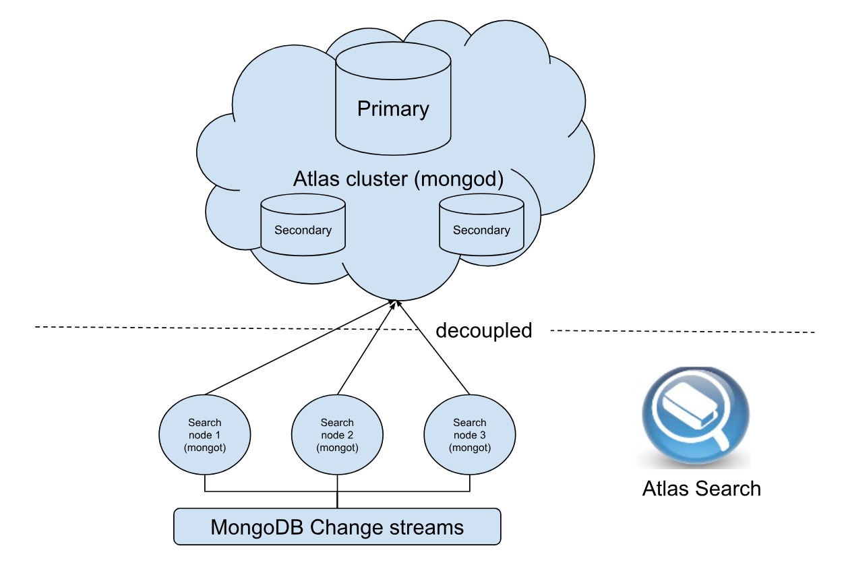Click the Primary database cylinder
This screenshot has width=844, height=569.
click(x=393, y=101)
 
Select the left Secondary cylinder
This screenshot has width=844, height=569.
click(x=303, y=225)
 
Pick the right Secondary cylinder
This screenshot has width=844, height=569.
click(x=481, y=225)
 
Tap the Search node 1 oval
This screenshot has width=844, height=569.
click(x=204, y=435)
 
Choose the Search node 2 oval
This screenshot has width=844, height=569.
click(x=337, y=435)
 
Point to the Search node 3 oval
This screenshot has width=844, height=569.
click(x=469, y=435)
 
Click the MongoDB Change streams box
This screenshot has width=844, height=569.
click(x=337, y=527)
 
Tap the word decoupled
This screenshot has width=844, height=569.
click(x=483, y=330)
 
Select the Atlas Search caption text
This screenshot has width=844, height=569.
click(x=701, y=488)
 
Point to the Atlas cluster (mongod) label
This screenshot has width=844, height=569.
click(x=398, y=180)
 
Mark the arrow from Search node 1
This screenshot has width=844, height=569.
click(x=297, y=348)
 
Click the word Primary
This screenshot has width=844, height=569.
click(x=393, y=109)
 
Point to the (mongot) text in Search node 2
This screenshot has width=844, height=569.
click(x=337, y=448)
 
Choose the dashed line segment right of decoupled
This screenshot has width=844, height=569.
click(x=681, y=331)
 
